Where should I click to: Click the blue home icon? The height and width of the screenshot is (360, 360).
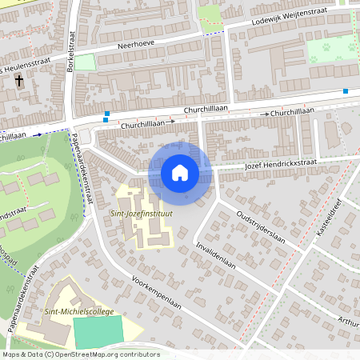click(180, 172)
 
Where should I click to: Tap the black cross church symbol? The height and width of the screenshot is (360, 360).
click(20, 82)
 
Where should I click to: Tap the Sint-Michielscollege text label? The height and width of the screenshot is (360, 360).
click(80, 311)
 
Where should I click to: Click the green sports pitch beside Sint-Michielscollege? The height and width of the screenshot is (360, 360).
click(98, 330)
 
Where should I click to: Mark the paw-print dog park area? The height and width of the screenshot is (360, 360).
click(332, 50)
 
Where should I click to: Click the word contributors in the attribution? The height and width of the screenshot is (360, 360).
click(135, 354)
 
